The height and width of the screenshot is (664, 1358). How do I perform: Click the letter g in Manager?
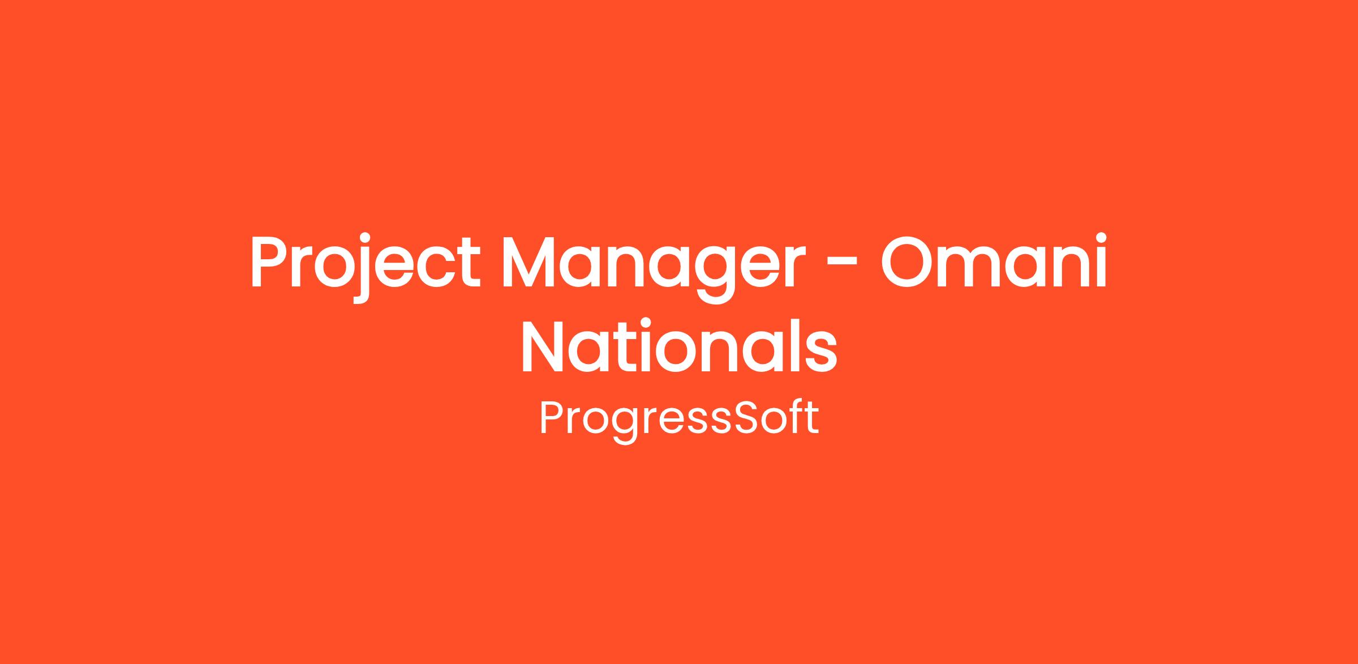712,275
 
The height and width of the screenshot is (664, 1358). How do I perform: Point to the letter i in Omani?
1100,261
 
